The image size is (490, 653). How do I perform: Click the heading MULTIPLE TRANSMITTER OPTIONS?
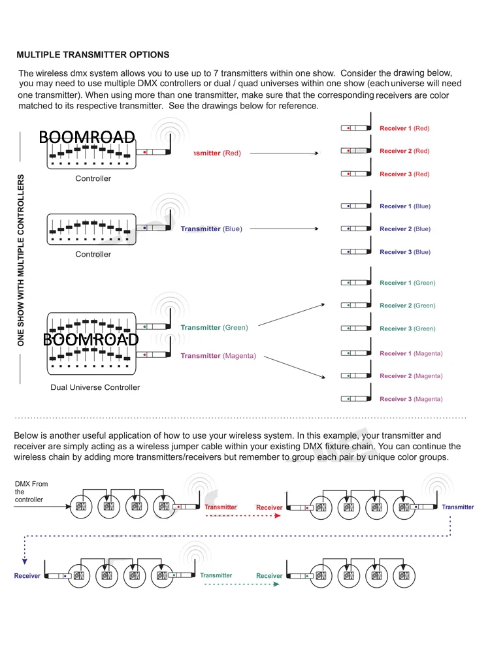point(93,55)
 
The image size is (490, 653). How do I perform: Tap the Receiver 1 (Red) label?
point(404,129)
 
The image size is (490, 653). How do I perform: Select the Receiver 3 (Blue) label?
point(405,252)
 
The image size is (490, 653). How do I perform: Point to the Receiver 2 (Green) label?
point(407,306)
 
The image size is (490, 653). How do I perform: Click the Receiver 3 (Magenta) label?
point(411,399)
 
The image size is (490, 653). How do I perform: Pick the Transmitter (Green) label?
point(214,328)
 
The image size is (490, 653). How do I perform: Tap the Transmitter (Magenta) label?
point(218,356)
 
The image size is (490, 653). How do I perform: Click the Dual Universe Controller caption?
point(95,387)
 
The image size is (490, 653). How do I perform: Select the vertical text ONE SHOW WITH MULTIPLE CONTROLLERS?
point(21,260)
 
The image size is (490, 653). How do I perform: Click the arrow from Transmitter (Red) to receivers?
point(284,153)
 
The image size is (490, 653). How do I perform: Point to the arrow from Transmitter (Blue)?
point(284,229)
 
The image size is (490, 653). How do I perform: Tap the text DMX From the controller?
point(31,492)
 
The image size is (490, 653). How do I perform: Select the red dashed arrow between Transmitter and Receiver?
point(242,515)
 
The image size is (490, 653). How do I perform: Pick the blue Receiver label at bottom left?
point(27,576)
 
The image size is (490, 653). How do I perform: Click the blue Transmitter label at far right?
point(458,507)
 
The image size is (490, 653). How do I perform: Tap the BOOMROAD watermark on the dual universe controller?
point(91,340)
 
